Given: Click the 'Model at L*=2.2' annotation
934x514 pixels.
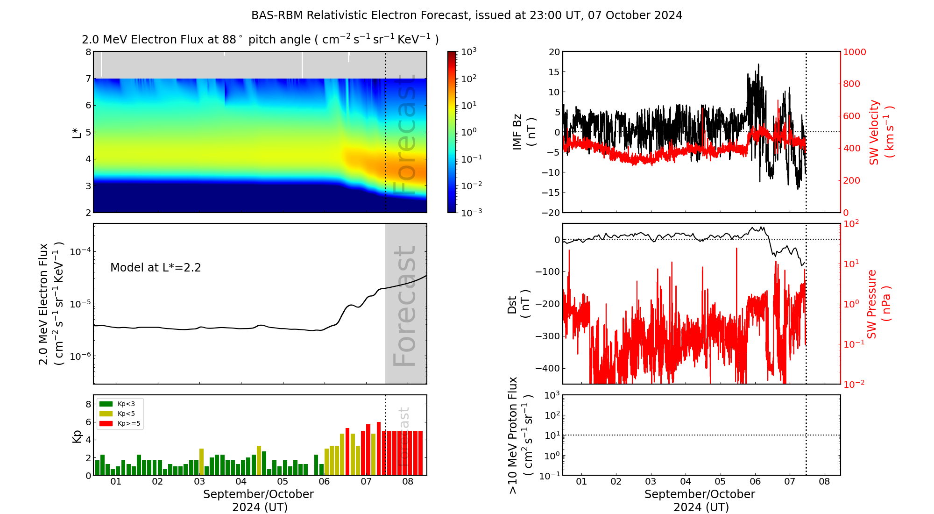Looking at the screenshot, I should pyautogui.click(x=156, y=268).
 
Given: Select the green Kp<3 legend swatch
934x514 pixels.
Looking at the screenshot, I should pyautogui.click(x=106, y=404).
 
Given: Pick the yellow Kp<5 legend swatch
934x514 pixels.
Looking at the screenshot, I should pyautogui.click(x=106, y=414).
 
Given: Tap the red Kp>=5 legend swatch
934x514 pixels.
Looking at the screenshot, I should pyautogui.click(x=106, y=424).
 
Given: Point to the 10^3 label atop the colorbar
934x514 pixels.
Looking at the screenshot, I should pyautogui.click(x=468, y=51).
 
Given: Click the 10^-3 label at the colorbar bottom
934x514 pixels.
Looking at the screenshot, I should pyautogui.click(x=471, y=212).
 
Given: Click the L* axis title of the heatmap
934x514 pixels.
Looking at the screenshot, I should pyautogui.click(x=77, y=132).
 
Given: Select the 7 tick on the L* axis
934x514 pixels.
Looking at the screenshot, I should pyautogui.click(x=88, y=79).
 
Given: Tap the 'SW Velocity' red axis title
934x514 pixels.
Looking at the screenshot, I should pyautogui.click(x=874, y=132).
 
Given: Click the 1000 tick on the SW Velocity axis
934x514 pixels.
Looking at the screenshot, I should pyautogui.click(x=854, y=52).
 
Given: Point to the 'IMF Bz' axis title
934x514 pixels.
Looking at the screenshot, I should pyautogui.click(x=517, y=132).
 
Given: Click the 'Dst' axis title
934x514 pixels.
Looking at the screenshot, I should pyautogui.click(x=512, y=304).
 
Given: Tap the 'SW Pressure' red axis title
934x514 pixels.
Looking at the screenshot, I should pyautogui.click(x=872, y=304).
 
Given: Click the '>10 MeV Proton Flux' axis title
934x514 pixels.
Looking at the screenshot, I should pyautogui.click(x=513, y=435).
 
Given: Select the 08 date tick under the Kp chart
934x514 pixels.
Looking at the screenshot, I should pyautogui.click(x=408, y=482).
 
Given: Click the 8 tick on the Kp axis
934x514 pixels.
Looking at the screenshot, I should pyautogui.click(x=88, y=404).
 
